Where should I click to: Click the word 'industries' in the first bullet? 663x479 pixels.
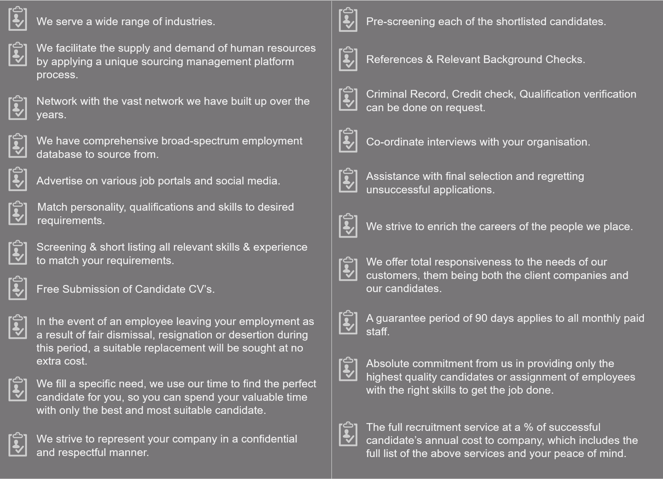click(190, 22)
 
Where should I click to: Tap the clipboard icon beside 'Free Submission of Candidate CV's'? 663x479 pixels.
click(17, 288)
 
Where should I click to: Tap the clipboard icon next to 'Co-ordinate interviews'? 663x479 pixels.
click(348, 141)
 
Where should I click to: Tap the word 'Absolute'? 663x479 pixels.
click(387, 364)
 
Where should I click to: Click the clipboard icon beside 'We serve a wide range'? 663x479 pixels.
click(17, 19)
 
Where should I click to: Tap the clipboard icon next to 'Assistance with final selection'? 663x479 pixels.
click(348, 181)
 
